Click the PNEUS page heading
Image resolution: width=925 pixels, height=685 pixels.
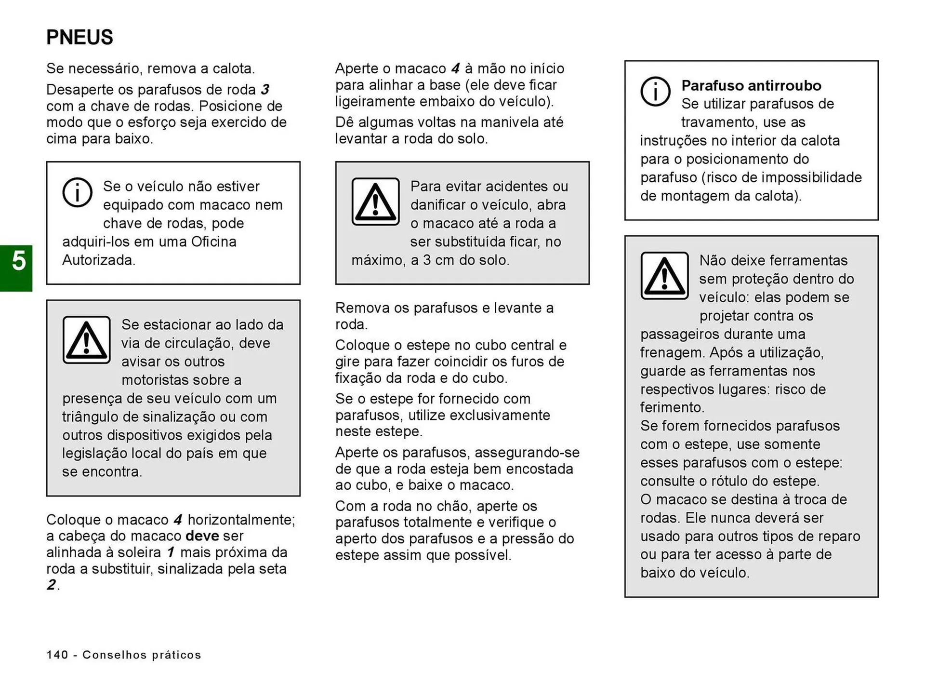point(79,38)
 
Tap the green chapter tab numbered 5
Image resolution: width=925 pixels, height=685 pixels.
point(16,268)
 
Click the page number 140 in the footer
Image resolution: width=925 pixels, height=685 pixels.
point(57,655)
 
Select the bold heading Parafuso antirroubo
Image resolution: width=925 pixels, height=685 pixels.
point(751,86)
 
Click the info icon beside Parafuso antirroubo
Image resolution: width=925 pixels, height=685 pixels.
point(655,91)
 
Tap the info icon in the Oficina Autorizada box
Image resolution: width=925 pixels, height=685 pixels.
point(77,192)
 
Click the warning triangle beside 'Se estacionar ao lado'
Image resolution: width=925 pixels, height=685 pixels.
point(87,340)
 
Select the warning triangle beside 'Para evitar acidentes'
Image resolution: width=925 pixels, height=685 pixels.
point(375,201)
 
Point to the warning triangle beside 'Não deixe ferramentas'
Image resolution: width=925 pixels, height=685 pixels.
point(664,276)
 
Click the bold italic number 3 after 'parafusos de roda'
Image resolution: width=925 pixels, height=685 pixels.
point(265,90)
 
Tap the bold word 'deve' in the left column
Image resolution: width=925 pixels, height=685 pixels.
point(202,536)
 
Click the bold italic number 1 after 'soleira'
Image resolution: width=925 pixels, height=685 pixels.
point(171,552)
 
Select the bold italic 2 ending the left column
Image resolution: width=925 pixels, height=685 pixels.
point(51,585)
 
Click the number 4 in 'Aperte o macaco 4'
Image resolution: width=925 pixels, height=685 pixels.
point(455,68)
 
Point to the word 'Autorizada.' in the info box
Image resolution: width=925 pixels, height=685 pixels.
point(99,260)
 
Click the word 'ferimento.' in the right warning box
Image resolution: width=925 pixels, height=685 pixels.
point(672,408)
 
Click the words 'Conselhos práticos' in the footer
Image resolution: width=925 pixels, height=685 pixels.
point(142,655)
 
